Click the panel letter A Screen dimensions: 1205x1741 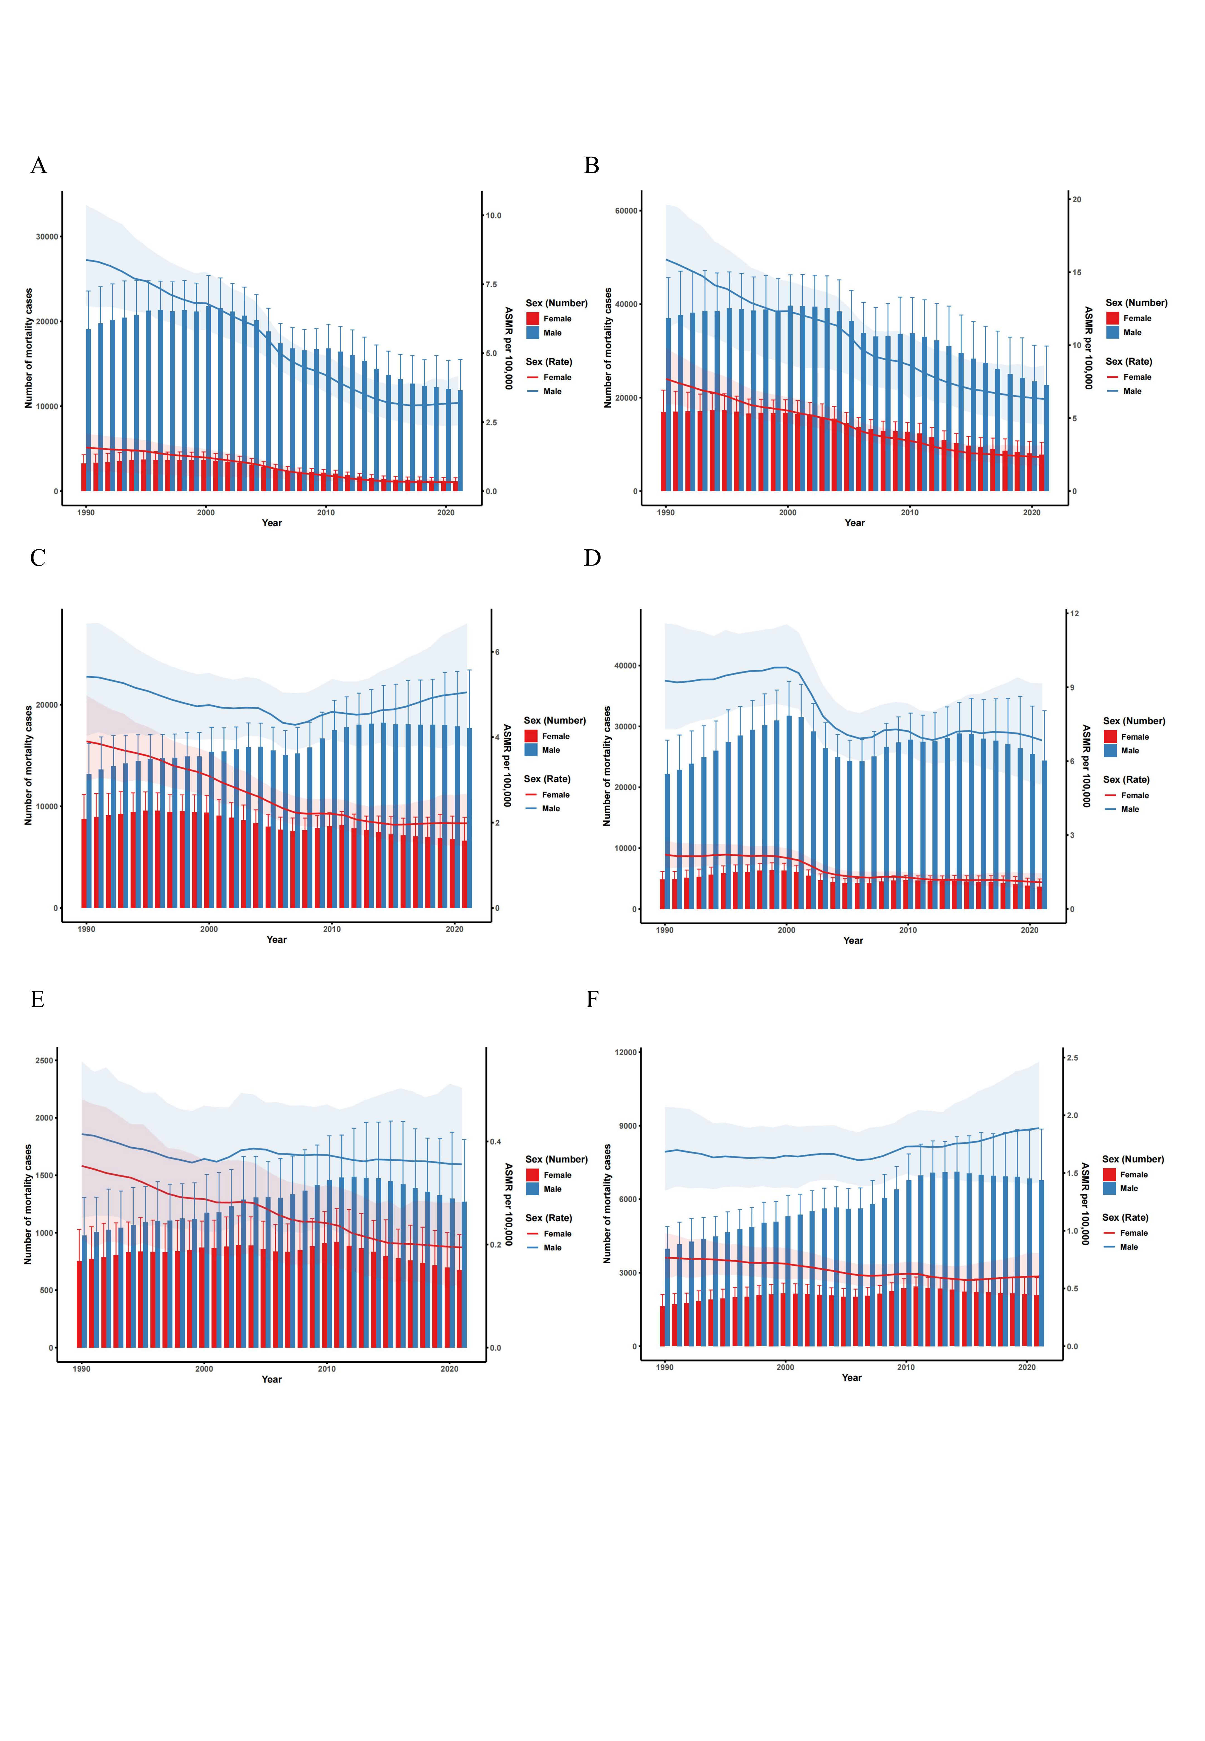38,165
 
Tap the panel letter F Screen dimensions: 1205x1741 592,1000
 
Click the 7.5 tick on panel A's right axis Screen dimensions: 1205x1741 491,285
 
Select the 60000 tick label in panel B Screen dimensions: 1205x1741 627,211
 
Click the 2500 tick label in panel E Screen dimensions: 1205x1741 45,1061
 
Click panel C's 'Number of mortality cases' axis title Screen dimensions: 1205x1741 29,766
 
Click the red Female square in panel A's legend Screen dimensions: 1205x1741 533,319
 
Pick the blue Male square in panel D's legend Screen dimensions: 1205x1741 1110,751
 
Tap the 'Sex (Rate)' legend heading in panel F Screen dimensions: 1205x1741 1125,1218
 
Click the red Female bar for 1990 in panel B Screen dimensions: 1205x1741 664,451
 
